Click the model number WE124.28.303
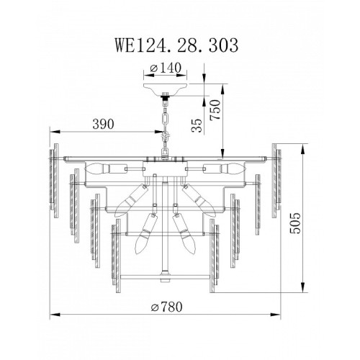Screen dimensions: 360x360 pyautogui.click(x=176, y=45)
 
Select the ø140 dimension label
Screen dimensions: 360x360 pyautogui.click(x=166, y=68)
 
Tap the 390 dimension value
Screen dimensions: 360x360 pyautogui.click(x=103, y=125)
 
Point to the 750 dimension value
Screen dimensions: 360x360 pyautogui.click(x=215, y=109)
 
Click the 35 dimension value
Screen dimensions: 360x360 pyautogui.click(x=197, y=125)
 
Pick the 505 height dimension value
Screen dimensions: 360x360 pyautogui.click(x=295, y=222)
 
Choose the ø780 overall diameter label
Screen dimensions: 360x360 pyautogui.click(x=166, y=307)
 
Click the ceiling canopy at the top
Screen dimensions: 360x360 pyautogui.click(x=165, y=89)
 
